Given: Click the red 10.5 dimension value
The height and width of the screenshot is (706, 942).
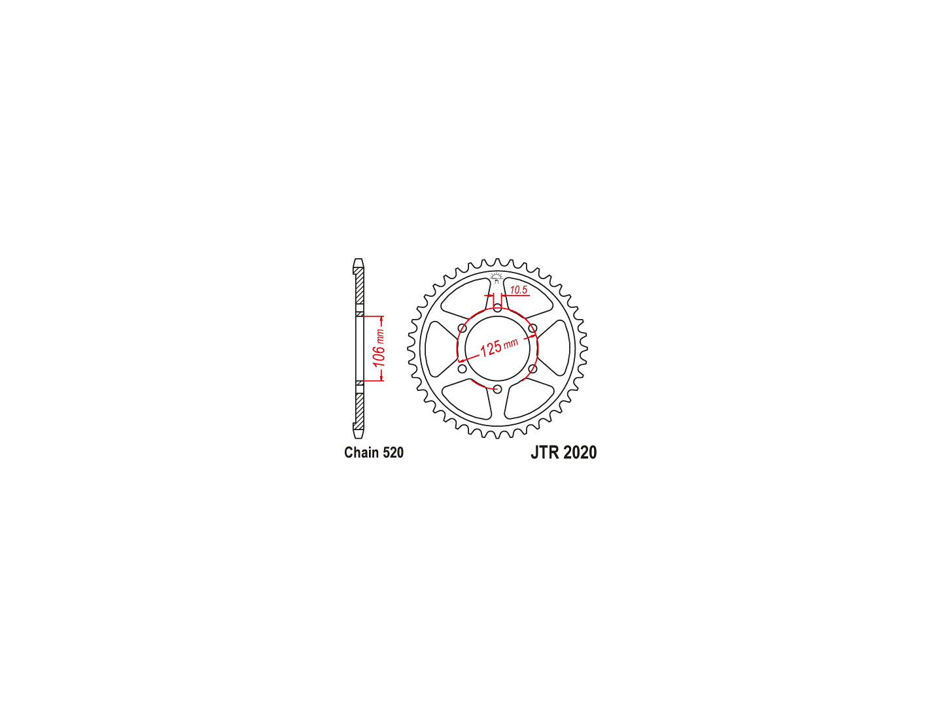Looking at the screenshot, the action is tap(518, 290).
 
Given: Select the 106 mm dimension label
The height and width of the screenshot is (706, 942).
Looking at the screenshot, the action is tap(379, 348).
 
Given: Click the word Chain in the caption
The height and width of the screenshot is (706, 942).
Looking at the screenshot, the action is tap(361, 452).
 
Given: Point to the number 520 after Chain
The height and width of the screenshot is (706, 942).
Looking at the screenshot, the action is tap(392, 452).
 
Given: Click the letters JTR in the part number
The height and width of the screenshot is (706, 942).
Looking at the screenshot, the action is tap(545, 452).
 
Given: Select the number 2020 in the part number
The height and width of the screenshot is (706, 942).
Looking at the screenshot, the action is tap(580, 452).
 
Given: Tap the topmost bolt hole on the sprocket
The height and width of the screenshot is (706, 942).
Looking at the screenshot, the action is tap(497, 308).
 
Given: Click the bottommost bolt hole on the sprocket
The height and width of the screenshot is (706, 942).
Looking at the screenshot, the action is tap(497, 389).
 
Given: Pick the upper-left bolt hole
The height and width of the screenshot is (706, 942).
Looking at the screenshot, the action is tap(462, 328).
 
